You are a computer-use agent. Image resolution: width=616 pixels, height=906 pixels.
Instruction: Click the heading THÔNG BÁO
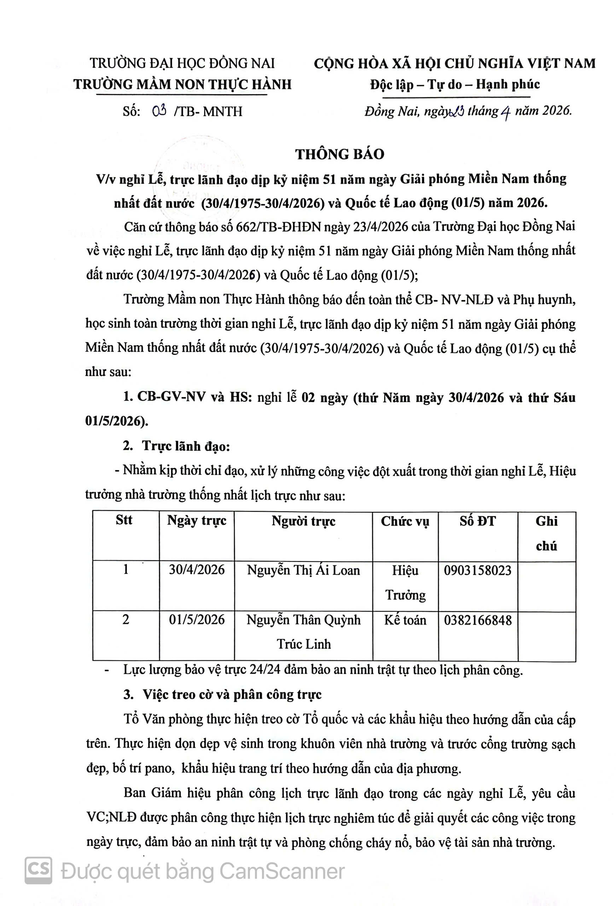point(339,154)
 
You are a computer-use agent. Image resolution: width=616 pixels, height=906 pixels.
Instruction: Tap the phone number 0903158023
point(477,570)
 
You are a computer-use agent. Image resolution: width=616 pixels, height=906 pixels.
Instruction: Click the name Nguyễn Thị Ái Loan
point(303,570)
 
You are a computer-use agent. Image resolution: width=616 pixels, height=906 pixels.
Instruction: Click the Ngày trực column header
point(196,521)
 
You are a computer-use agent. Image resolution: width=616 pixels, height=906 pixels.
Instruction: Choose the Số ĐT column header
point(477,521)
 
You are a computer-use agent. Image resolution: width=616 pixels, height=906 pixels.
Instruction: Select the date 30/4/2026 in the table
point(196,570)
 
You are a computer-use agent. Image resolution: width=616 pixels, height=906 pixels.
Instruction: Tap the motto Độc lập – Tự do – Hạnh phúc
point(455,84)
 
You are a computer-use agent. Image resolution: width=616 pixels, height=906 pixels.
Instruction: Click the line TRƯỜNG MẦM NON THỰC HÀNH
point(182,84)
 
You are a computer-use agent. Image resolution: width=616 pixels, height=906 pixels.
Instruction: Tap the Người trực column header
point(303,521)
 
